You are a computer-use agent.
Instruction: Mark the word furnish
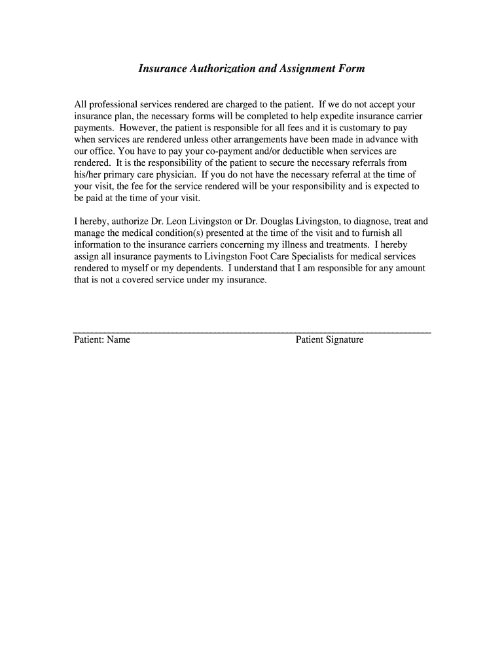376,233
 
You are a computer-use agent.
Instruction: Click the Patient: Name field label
102,340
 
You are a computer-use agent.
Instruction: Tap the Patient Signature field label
329,340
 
